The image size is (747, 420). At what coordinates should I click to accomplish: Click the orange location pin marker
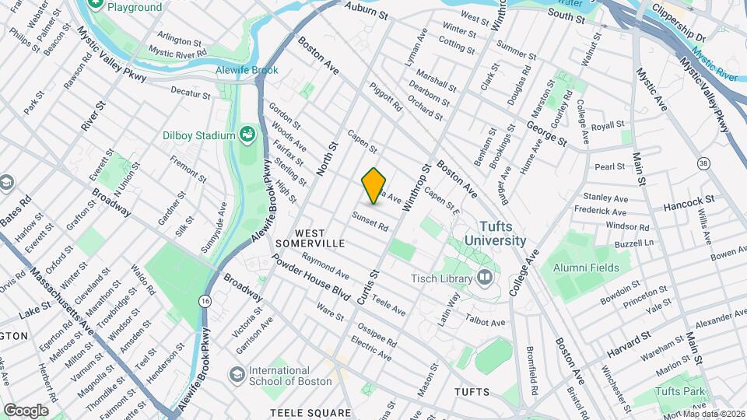click(x=374, y=186)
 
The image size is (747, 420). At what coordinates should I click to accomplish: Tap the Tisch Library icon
click(x=486, y=278)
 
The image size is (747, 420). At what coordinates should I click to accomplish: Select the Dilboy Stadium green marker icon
click(x=247, y=135)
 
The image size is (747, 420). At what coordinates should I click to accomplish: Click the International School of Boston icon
click(x=236, y=375)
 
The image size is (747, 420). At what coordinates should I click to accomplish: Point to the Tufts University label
click(x=491, y=233)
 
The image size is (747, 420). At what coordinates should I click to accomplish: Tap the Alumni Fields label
click(x=586, y=268)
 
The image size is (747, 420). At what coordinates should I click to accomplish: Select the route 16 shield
click(x=205, y=300)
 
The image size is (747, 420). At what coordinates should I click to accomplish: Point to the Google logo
click(x=26, y=410)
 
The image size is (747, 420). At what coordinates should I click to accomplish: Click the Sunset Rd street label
click(x=370, y=221)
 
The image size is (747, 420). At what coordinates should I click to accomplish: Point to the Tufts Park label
click(x=679, y=391)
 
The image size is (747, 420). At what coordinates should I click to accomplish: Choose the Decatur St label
click(x=191, y=93)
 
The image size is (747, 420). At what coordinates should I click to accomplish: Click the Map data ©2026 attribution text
click(x=711, y=414)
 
